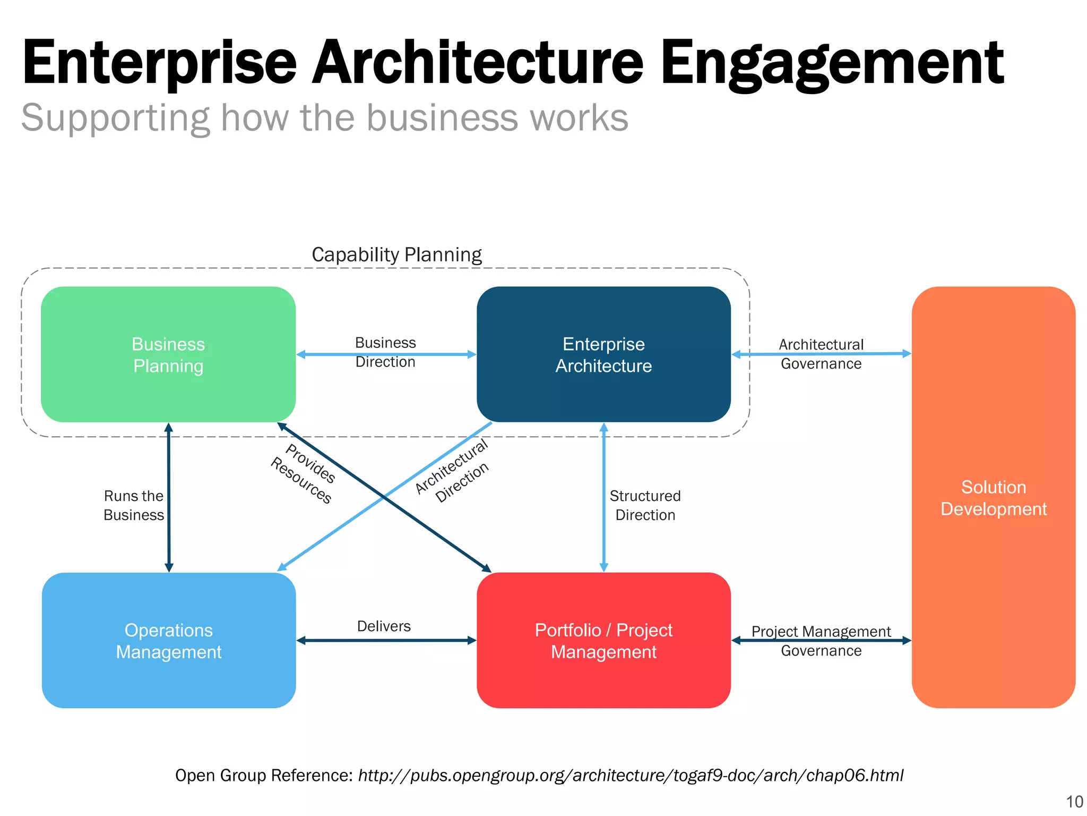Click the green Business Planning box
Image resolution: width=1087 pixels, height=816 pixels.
pyautogui.click(x=168, y=354)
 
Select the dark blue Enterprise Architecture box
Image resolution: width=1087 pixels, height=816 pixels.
pyautogui.click(x=603, y=354)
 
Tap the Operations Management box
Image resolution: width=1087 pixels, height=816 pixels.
pyautogui.click(x=168, y=640)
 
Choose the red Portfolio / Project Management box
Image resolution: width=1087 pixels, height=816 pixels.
pyautogui.click(x=603, y=640)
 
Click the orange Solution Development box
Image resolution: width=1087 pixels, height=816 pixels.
pyautogui.click(x=993, y=497)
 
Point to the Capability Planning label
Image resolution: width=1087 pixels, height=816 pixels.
pyautogui.click(x=396, y=254)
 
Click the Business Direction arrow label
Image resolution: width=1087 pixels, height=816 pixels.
pyautogui.click(x=385, y=352)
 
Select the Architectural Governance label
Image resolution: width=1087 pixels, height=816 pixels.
pyautogui.click(x=821, y=354)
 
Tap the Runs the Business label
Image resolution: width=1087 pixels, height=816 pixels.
pyautogui.click(x=134, y=505)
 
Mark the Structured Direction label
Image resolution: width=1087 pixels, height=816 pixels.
pyautogui.click(x=645, y=505)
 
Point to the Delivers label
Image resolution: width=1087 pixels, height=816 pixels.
pyautogui.click(x=384, y=626)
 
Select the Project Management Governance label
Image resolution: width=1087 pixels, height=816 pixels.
pyautogui.click(x=821, y=641)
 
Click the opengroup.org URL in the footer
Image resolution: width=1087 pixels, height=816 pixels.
pyautogui.click(x=631, y=775)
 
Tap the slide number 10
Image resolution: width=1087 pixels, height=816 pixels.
pyautogui.click(x=1074, y=802)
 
